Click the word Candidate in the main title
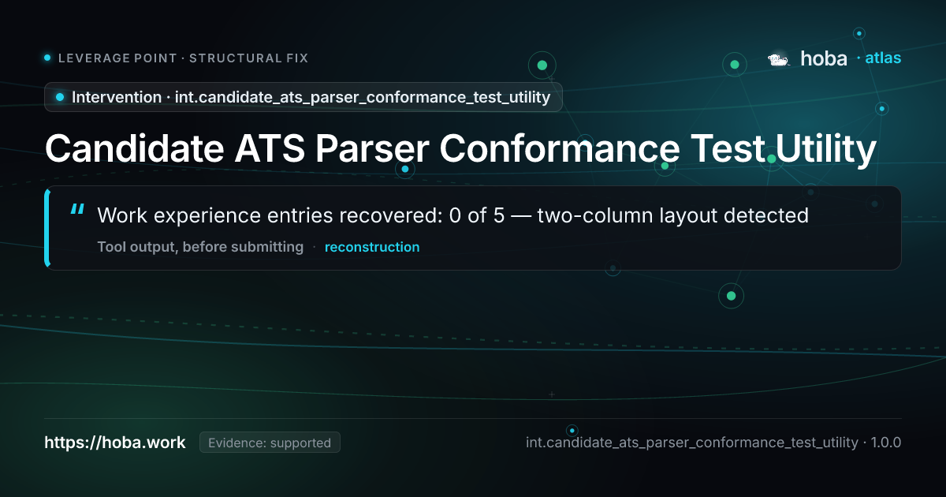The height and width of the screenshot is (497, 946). pyautogui.click(x=134, y=148)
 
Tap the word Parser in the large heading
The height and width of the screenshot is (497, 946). pyautogui.click(x=372, y=148)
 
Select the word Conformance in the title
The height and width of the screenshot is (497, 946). pyautogui.click(x=560, y=148)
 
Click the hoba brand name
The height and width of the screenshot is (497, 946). pyautogui.click(x=824, y=58)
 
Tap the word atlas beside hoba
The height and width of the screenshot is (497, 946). pyautogui.click(x=883, y=58)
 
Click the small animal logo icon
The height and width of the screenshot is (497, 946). pyautogui.click(x=779, y=60)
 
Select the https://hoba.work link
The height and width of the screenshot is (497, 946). pyautogui.click(x=115, y=443)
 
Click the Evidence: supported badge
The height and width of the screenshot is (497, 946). pyautogui.click(x=270, y=443)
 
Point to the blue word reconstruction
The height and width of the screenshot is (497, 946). pyautogui.click(x=372, y=247)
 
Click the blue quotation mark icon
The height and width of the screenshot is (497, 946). pyautogui.click(x=78, y=209)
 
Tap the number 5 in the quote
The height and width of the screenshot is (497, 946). pyautogui.click(x=499, y=215)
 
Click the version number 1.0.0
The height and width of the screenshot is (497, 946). pyautogui.click(x=886, y=443)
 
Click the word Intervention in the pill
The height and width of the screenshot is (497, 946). pyautogui.click(x=117, y=97)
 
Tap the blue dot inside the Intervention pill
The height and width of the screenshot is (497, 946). pyautogui.click(x=60, y=97)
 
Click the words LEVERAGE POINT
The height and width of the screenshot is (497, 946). pyautogui.click(x=117, y=58)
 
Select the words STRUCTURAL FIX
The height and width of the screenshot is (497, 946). pyautogui.click(x=249, y=58)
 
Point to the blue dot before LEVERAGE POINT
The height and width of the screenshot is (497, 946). pyautogui.click(x=47, y=58)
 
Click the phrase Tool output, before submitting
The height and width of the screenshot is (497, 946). pyautogui.click(x=200, y=247)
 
